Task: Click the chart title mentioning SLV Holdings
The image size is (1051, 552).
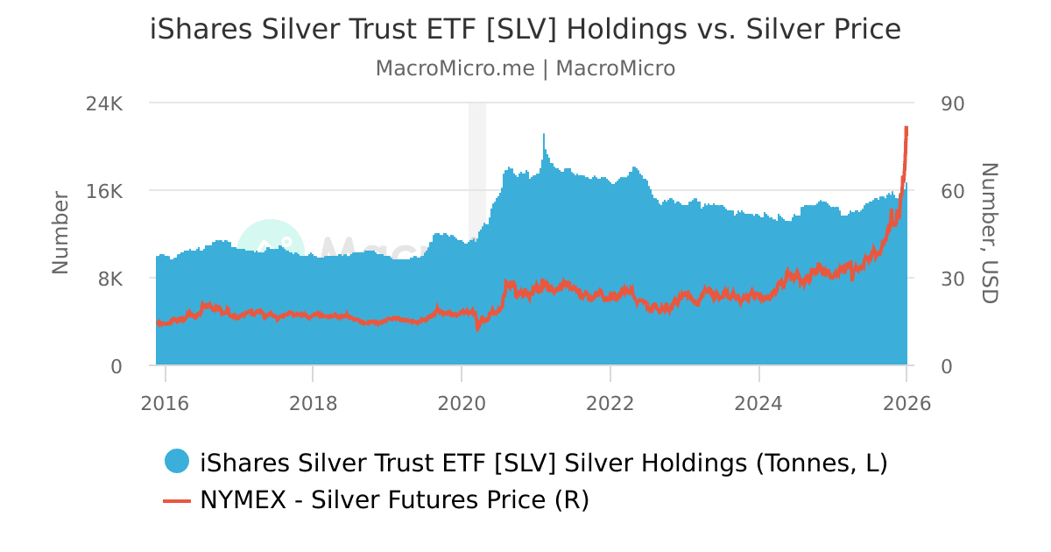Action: click(525, 29)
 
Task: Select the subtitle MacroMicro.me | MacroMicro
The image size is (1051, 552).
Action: click(525, 68)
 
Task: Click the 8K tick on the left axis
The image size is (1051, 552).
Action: click(109, 279)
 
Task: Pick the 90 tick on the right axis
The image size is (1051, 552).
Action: click(952, 103)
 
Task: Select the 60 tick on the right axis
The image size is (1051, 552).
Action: click(952, 191)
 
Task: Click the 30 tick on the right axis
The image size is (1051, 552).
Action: click(952, 279)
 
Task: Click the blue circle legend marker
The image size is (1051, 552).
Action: click(177, 461)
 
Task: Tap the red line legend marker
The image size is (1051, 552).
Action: click(177, 500)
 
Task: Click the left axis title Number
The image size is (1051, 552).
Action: click(60, 232)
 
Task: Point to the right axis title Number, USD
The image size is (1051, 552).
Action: click(989, 232)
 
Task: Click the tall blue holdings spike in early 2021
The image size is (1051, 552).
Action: click(544, 145)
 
